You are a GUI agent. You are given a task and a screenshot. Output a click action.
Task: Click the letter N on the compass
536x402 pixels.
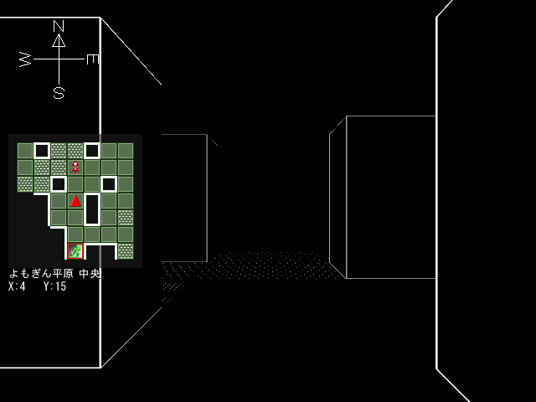click(x=59, y=26)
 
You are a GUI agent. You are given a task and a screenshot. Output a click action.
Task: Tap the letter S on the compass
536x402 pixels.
click(x=59, y=93)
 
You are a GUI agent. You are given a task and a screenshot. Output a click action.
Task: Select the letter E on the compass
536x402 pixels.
click(x=92, y=59)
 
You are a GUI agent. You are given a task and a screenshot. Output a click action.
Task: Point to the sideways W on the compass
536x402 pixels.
click(x=25, y=59)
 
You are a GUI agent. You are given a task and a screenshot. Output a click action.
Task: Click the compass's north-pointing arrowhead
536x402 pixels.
click(x=59, y=40)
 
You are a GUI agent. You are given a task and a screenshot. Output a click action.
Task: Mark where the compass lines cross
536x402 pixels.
click(x=59, y=59)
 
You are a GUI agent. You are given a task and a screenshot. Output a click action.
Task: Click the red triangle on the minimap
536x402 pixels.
click(x=75, y=201)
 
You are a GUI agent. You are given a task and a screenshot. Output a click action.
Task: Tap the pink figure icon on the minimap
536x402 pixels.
click(x=75, y=167)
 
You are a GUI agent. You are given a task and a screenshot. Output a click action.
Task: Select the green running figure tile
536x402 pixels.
click(x=75, y=250)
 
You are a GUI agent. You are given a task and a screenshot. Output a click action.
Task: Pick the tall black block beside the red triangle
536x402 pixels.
click(x=92, y=209)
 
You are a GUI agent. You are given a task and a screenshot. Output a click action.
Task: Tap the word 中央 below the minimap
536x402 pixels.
click(x=90, y=274)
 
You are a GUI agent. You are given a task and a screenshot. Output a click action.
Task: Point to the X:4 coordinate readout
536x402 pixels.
click(x=18, y=286)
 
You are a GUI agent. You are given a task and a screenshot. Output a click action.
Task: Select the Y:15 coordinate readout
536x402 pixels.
click(x=55, y=286)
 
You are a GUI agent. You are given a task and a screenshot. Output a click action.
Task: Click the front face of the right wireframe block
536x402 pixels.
click(x=390, y=197)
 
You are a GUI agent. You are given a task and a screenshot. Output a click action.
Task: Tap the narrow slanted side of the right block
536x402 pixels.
click(x=338, y=197)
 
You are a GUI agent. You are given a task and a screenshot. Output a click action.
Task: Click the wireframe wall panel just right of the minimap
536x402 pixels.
click(x=184, y=197)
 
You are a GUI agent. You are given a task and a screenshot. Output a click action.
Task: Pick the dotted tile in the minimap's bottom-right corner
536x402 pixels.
click(x=126, y=250)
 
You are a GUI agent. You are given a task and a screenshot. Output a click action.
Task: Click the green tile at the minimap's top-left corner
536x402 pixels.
click(x=25, y=151)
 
